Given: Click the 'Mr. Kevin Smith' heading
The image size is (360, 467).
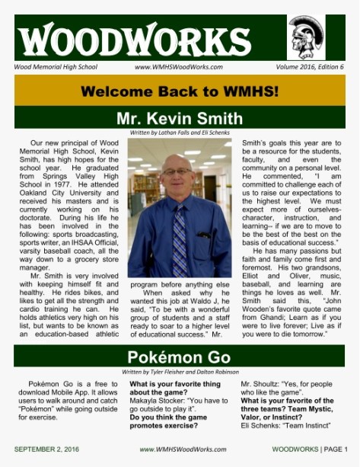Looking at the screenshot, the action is pyautogui.click(x=180, y=118).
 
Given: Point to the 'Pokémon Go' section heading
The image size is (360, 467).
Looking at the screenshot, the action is pyautogui.click(x=180, y=357).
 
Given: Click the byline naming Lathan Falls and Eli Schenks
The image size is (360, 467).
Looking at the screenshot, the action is pyautogui.click(x=180, y=133).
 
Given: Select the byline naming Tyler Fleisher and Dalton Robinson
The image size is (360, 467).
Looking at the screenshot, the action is pyautogui.click(x=180, y=371).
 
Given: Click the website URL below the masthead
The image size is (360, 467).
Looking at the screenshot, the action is pyautogui.click(x=178, y=67).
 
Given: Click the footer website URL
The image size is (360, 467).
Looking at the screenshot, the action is pyautogui.click(x=180, y=449).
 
